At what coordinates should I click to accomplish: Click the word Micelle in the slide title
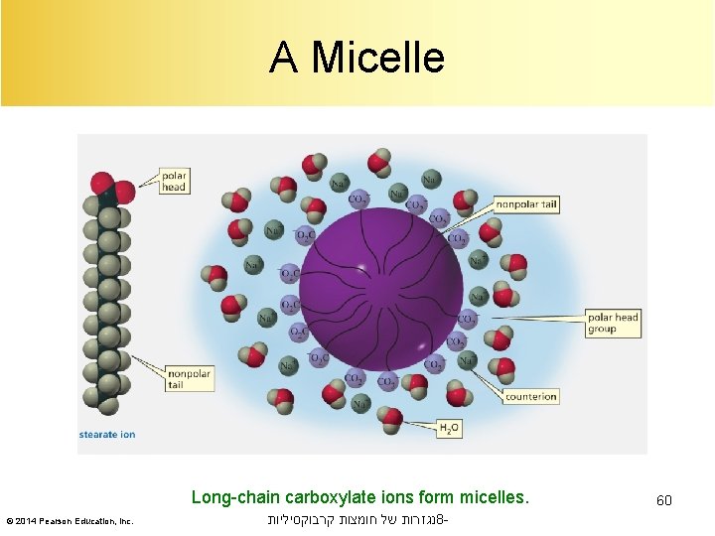pos(377,58)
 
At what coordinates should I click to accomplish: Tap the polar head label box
pos(174,180)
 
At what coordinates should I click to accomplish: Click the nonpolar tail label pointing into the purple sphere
pos(526,205)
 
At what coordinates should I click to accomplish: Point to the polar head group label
pos(613,323)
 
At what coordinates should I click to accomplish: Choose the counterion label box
pos(530,396)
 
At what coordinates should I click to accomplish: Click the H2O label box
pos(450,428)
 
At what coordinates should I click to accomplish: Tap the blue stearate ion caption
pos(107,434)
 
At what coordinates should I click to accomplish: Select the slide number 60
pos(663,500)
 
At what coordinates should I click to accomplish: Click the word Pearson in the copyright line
pos(61,521)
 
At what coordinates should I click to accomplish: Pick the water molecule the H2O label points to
pos(394,421)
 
